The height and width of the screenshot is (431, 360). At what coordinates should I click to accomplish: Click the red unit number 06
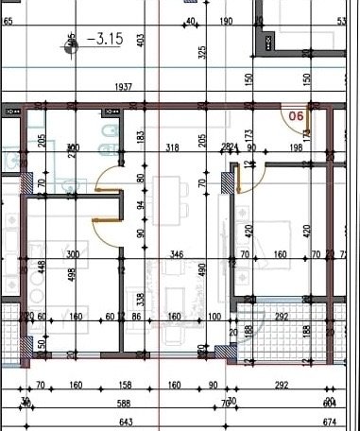[x=295, y=117]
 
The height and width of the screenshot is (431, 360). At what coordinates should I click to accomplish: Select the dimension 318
[x=173, y=148]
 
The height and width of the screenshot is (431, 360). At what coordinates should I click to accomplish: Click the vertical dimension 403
[x=140, y=40]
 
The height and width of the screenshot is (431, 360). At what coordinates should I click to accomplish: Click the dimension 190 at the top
[x=226, y=21]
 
